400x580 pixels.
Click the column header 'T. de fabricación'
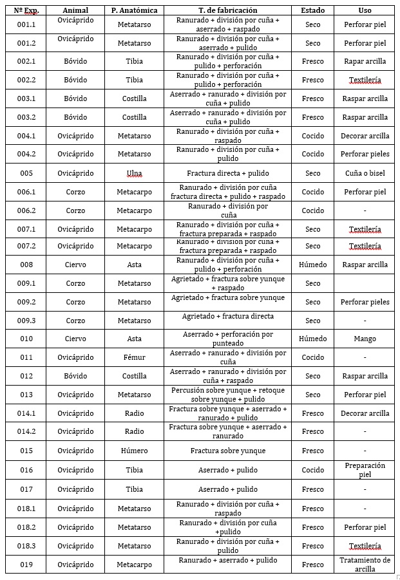pos(227,10)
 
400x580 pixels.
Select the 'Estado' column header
pos(312,10)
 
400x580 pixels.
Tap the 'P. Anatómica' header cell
pos(134,10)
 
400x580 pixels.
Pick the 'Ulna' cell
pos(134,173)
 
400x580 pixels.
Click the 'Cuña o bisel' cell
pos(365,173)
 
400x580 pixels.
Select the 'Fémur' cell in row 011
pos(134,357)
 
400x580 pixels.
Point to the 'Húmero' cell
pos(134,451)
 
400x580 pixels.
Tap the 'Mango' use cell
pos(365,339)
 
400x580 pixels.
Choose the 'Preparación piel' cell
pos(365,470)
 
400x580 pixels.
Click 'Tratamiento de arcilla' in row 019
pos(365,565)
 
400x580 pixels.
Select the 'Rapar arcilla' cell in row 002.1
pos(365,61)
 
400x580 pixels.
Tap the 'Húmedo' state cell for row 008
pos(312,265)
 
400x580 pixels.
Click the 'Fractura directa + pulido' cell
pos(227,173)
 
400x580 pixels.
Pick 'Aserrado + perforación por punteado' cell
pos(227,339)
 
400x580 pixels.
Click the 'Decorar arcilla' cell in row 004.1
pos(365,136)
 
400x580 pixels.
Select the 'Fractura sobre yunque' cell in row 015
pos(227,451)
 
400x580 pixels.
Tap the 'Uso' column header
pos(365,10)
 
